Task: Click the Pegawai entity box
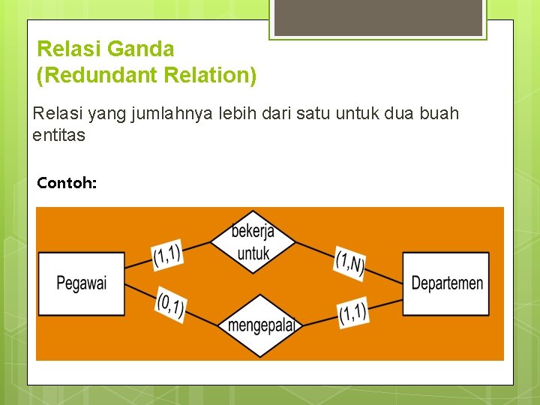(81, 283)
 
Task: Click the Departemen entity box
(446, 283)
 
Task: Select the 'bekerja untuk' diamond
(253, 241)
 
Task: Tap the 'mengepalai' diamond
(259, 325)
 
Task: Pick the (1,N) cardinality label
(349, 263)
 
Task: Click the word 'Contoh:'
(67, 182)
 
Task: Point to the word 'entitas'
(58, 136)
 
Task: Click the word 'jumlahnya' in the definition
(170, 114)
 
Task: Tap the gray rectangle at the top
(378, 17)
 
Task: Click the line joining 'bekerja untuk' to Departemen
(315, 250)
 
